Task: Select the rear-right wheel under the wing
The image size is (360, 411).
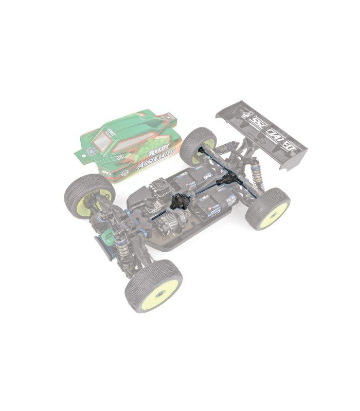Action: [267, 208]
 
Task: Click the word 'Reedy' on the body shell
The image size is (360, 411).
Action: [158, 151]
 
